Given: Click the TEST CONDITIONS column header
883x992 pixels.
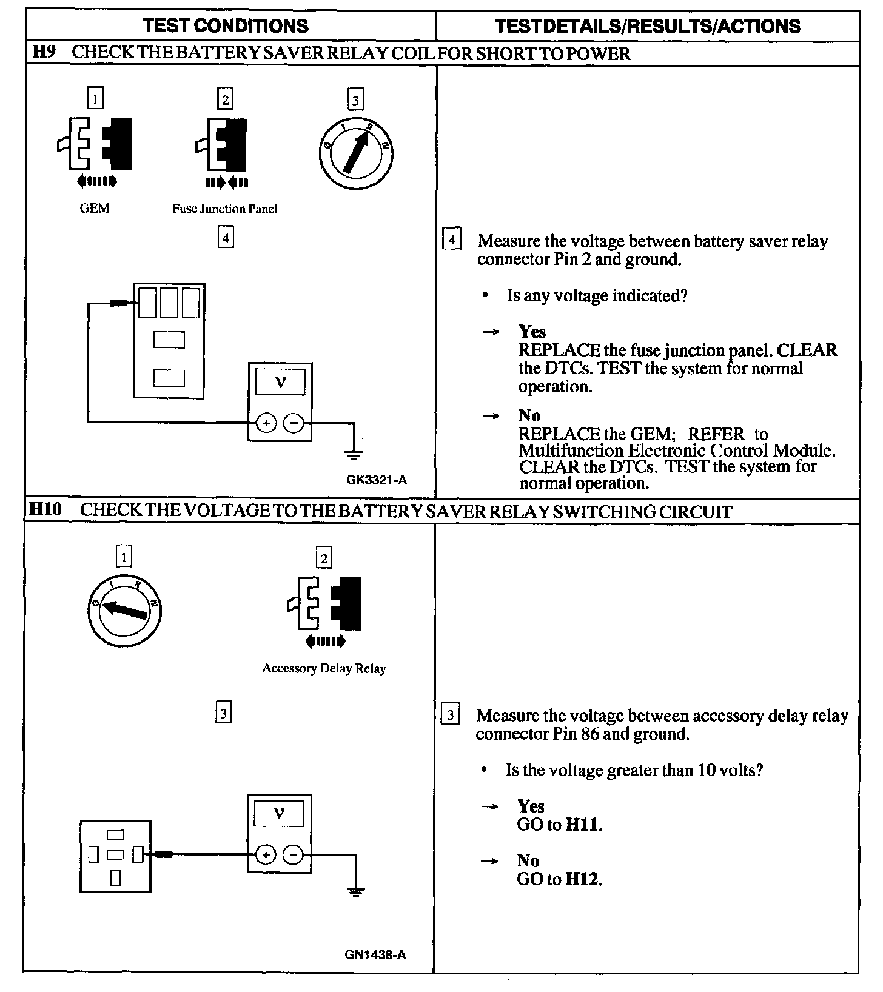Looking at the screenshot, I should click(226, 26).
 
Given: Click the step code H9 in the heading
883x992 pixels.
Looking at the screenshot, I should click(44, 52).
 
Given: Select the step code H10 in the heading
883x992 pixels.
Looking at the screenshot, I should click(45, 510).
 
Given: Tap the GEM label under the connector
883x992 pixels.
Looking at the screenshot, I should click(95, 209).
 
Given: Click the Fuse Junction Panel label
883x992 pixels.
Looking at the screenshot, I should click(225, 209).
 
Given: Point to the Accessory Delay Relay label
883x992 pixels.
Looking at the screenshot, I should click(324, 669).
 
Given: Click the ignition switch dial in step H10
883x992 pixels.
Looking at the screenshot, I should click(124, 609).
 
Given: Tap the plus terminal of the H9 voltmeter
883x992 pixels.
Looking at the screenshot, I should click(266, 423).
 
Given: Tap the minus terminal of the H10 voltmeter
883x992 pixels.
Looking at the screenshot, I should click(294, 855).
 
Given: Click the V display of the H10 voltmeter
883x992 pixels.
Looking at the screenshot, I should click(280, 813).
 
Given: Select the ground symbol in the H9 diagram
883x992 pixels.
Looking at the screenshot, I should click(354, 453).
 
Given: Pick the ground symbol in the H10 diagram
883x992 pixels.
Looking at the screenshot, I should click(357, 891).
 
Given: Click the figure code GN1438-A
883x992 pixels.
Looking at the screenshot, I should click(375, 955).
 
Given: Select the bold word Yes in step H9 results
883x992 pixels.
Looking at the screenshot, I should click(532, 332).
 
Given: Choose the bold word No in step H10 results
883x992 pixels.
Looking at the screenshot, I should click(528, 860).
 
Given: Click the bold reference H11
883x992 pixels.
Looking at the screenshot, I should click(583, 825).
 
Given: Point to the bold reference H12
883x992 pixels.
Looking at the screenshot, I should click(583, 879).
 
